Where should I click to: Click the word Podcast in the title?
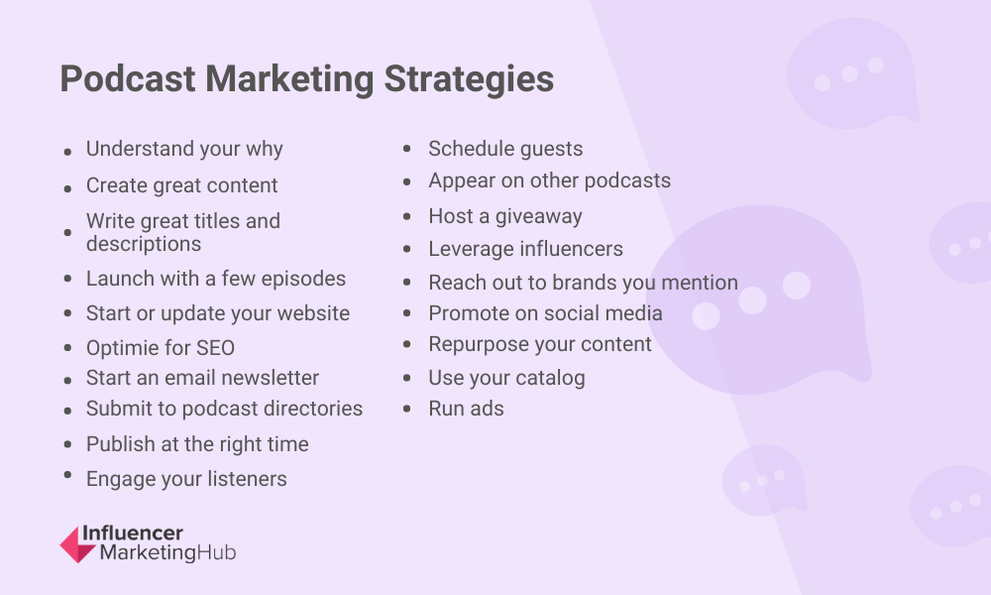point(128,79)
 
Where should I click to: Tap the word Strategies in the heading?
point(469,80)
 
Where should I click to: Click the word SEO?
point(215,348)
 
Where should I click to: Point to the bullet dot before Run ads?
point(407,410)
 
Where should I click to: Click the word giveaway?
point(538,217)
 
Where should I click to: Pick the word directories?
point(313,409)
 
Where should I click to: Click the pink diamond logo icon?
point(77,544)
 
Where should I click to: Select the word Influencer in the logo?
point(133,534)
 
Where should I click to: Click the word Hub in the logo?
point(216,552)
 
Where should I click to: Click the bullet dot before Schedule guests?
point(407,149)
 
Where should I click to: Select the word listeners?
point(247,479)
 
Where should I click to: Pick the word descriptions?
point(144,244)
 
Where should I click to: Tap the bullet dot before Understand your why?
point(67,152)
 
